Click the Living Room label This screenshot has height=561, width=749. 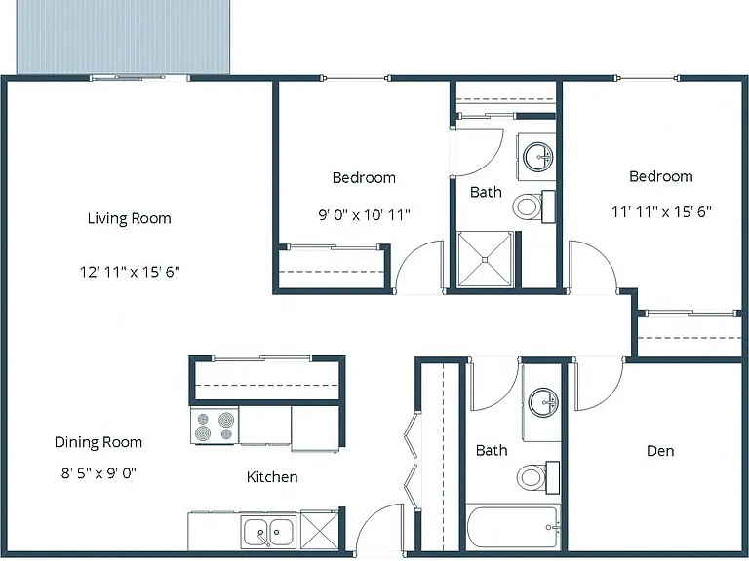129,218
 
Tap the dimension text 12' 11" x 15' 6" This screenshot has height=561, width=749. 130,272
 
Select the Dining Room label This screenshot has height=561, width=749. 99,443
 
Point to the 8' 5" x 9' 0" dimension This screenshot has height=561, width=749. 99,473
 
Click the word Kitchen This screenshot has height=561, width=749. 272,477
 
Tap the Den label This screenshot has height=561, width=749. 660,451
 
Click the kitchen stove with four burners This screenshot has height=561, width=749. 215,426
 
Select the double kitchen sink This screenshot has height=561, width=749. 268,531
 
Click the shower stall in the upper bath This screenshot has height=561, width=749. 485,259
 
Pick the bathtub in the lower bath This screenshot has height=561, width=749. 513,527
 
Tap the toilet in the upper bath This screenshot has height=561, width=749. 534,206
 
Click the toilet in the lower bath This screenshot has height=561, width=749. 538,477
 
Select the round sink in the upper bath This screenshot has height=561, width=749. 538,157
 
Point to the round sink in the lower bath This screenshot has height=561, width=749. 543,402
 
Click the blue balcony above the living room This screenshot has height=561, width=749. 123,37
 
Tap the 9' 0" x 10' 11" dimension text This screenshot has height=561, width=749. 365,215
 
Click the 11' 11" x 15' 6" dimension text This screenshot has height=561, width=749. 661,211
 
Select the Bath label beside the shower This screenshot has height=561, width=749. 486,192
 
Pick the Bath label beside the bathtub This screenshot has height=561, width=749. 492,450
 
